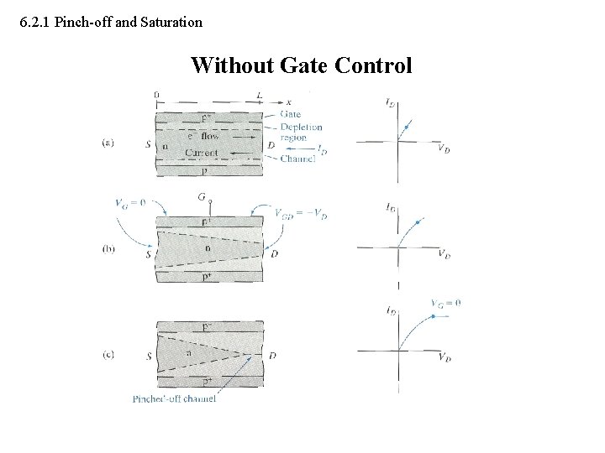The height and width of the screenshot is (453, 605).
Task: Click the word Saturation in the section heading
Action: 171,23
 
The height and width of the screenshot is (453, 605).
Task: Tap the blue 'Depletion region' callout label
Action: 302,133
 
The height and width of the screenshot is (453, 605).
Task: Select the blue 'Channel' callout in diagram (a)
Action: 297,158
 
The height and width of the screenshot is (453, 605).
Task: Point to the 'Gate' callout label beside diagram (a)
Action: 291,114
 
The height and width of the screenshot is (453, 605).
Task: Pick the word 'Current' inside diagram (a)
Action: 201,153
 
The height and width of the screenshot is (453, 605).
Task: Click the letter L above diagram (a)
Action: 259,93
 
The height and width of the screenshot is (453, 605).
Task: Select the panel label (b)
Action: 109,249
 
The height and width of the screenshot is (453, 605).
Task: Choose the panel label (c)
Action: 109,354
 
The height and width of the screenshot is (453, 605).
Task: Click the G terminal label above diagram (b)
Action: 202,198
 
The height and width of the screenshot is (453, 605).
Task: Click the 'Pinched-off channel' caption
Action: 174,398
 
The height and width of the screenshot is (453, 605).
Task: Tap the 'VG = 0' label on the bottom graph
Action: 445,303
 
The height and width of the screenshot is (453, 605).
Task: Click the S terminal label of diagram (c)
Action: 149,356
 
